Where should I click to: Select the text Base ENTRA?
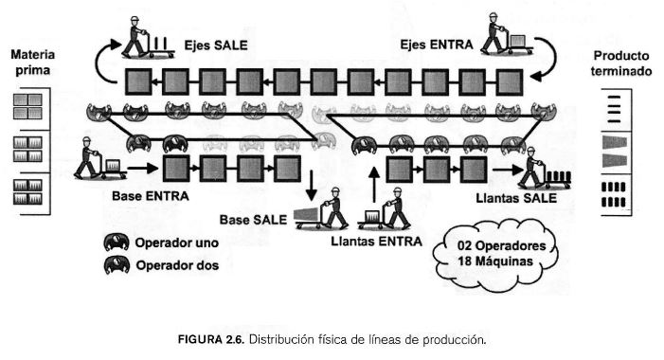[151, 197]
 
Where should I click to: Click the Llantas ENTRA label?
[374, 242]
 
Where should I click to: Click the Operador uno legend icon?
[118, 243]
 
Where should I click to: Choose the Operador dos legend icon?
[118, 265]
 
